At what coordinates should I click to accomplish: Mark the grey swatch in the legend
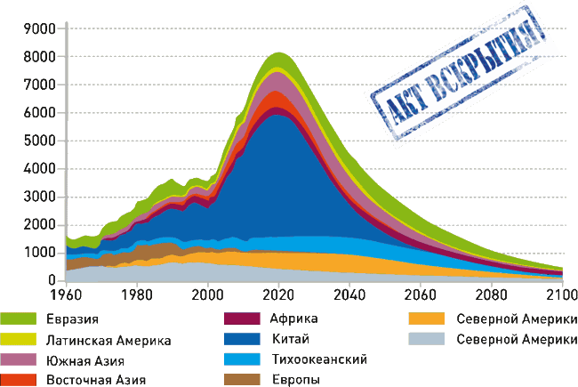click(426, 340)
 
